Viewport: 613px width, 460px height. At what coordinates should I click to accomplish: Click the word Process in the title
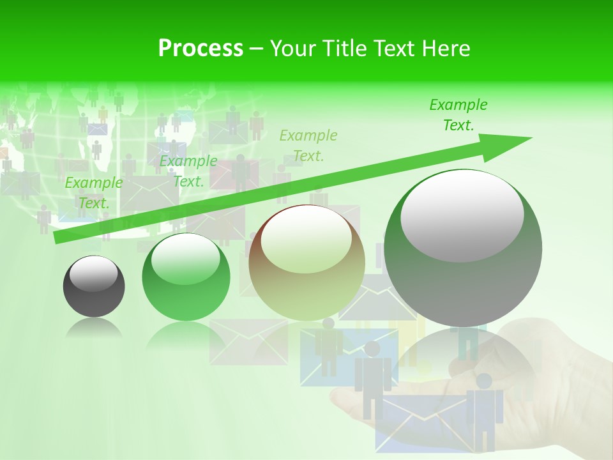point(201,48)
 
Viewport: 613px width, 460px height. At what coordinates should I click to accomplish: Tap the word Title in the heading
point(345,48)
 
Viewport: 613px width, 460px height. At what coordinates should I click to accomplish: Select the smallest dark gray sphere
point(94,286)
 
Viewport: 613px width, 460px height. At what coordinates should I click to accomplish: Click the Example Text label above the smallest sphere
point(94,193)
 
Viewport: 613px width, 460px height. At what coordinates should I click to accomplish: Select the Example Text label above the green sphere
point(188,171)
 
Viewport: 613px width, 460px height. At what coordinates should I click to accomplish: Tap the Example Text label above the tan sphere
point(308,145)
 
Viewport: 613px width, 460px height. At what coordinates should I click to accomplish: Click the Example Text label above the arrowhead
point(458,115)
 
